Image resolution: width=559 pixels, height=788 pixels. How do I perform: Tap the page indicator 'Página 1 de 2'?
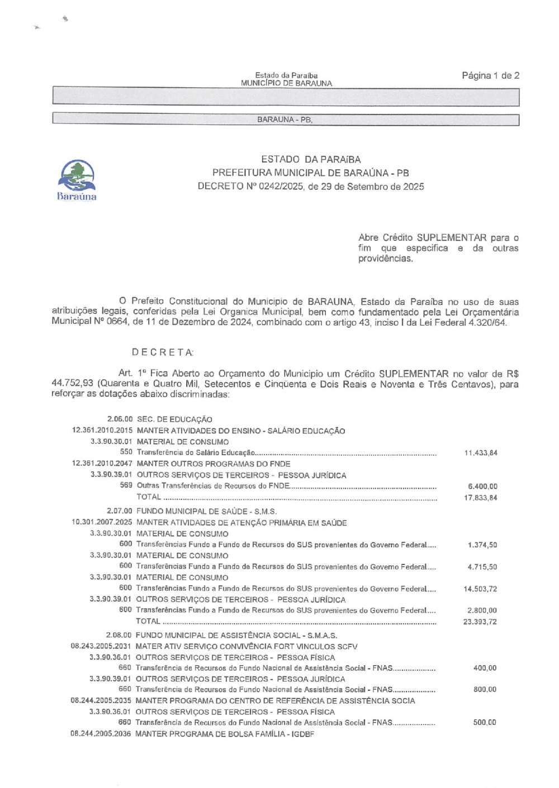tap(490, 75)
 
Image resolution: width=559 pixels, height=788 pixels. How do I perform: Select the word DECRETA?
tap(163, 352)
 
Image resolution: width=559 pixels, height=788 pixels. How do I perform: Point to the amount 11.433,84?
tap(480, 453)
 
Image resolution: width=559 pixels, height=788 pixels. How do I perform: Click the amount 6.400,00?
tap(482, 486)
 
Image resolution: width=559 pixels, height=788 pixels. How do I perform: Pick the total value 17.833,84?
tap(480, 498)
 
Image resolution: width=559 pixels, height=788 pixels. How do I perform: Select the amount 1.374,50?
tap(482, 545)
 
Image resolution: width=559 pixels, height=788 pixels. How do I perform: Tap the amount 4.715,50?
tap(482, 567)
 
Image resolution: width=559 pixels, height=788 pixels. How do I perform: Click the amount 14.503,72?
tap(480, 589)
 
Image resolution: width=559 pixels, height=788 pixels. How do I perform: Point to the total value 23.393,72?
tap(480, 622)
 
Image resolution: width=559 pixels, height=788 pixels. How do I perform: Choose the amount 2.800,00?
tap(482, 610)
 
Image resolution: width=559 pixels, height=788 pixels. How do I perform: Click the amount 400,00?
tap(485, 668)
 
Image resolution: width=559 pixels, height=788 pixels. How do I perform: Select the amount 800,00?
tap(485, 690)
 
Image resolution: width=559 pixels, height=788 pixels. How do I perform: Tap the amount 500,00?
tap(485, 723)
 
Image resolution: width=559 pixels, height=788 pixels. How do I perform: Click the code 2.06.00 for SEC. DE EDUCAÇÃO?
tap(120, 419)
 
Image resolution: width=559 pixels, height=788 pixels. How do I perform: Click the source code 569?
tap(126, 485)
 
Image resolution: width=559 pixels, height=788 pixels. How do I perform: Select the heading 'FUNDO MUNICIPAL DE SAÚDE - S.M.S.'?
tap(206, 511)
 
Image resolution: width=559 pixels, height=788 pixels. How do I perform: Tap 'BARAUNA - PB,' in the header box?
tap(285, 120)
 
